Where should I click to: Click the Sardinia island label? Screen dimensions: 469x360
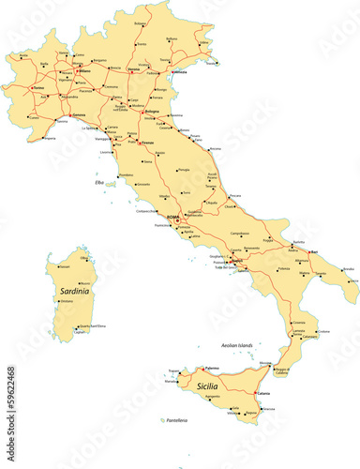click(75, 292)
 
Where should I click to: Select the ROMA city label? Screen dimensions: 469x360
click(172, 217)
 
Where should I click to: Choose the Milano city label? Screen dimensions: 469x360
click(83, 70)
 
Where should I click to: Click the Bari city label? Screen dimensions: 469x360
click(314, 250)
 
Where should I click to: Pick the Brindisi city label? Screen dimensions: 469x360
click(349, 269)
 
